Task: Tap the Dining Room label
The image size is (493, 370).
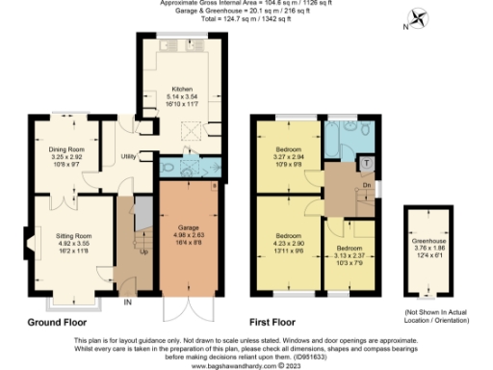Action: [67, 150]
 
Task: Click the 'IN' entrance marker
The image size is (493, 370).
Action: [127, 302]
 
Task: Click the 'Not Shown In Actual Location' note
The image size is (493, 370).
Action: [435, 314]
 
